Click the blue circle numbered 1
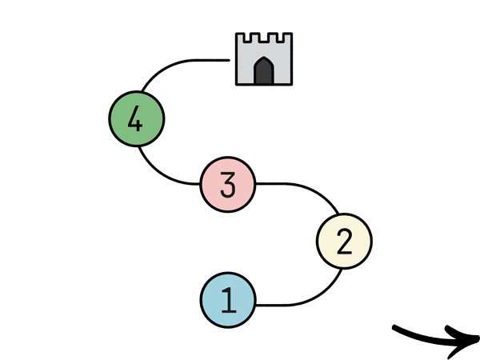[x=227, y=301]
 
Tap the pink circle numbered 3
[x=227, y=185]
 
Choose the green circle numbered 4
[x=136, y=119]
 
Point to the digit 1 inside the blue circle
[x=228, y=301]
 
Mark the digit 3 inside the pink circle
[x=227, y=185]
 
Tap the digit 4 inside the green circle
[x=135, y=120]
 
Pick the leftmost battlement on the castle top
[x=239, y=38]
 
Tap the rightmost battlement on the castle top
[x=287, y=38]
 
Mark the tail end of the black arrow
[x=394, y=326]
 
